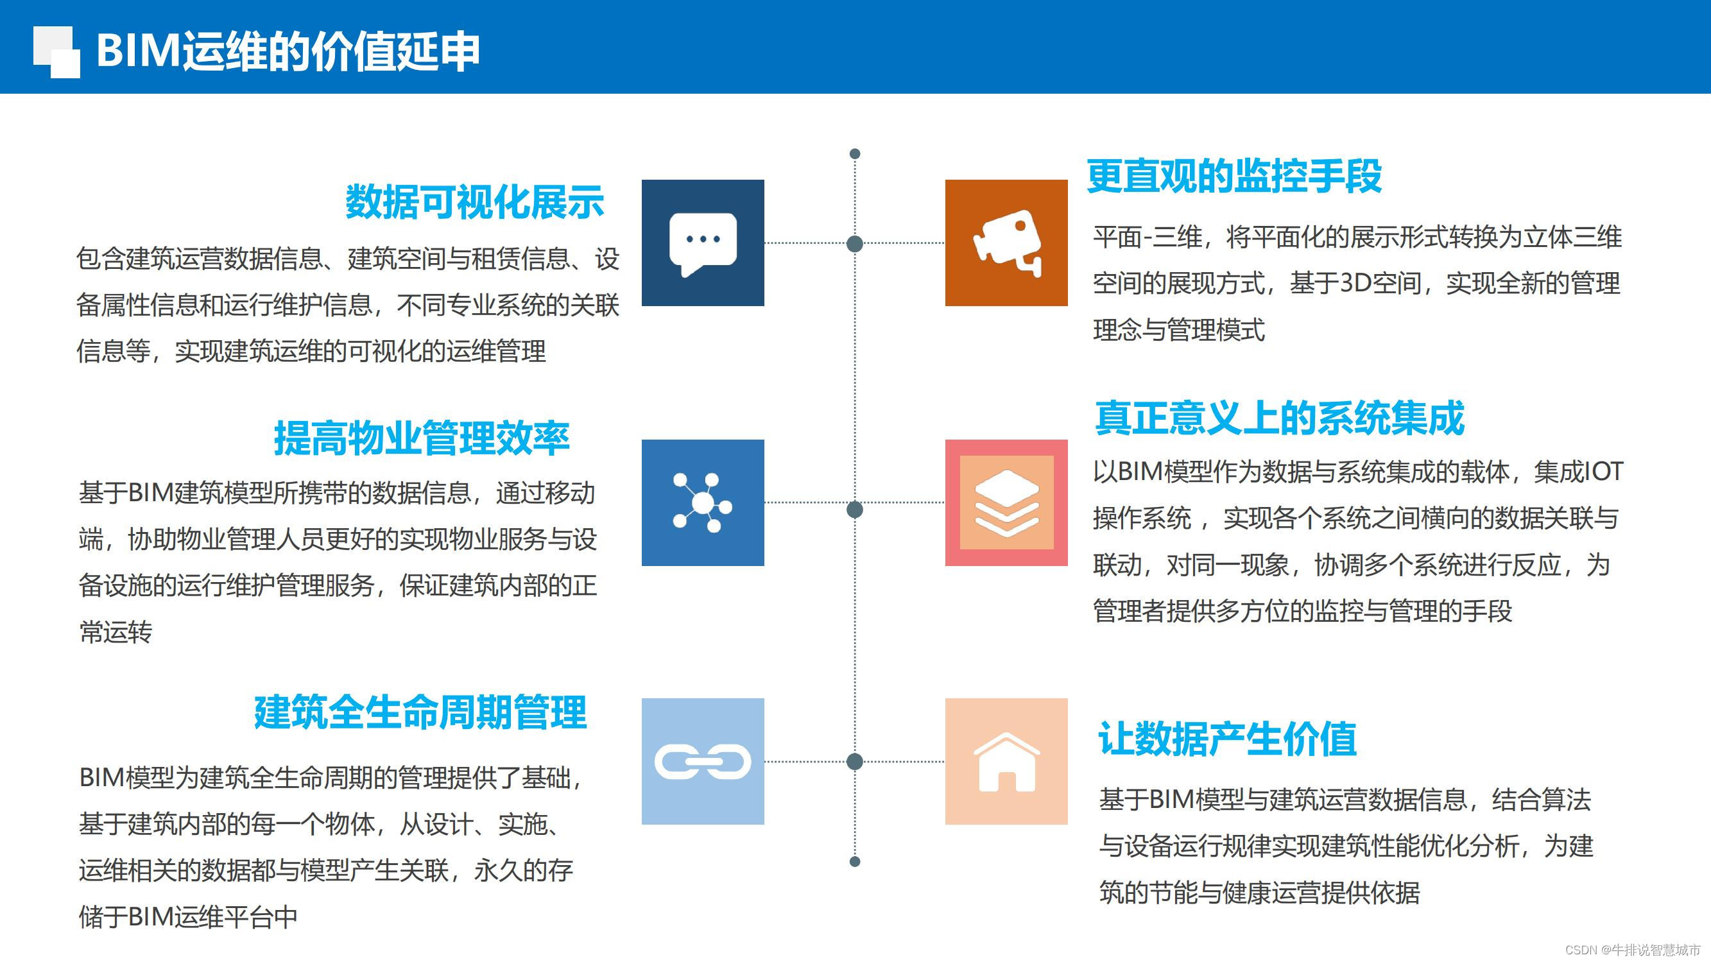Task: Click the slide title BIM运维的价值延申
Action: click(288, 51)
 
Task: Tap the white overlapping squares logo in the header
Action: click(56, 52)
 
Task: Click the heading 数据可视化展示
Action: click(474, 202)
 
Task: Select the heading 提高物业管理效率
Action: click(422, 438)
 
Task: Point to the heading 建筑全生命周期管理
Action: click(420, 712)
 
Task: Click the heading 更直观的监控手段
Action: click(1234, 176)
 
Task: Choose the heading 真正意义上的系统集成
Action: click(1279, 418)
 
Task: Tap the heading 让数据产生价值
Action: click(1227, 739)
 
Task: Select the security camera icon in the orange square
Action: click(1007, 243)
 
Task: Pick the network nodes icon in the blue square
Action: click(703, 503)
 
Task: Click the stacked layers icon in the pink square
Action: click(1007, 503)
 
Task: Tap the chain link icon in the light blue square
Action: click(703, 761)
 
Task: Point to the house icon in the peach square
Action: click(1007, 761)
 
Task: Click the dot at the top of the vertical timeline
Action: click(855, 154)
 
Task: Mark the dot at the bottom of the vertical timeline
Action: click(855, 862)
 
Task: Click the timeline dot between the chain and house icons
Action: click(855, 761)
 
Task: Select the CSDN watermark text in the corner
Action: click(1632, 950)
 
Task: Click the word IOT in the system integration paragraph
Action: click(1603, 472)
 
